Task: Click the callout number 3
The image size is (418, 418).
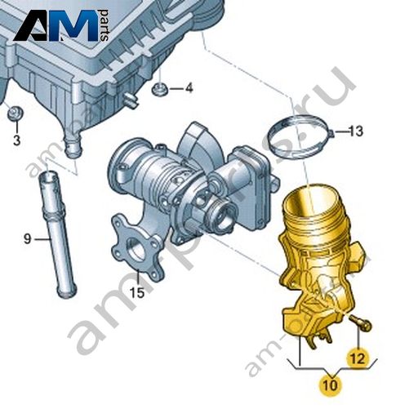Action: click(x=16, y=140)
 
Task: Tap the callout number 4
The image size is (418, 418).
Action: click(x=189, y=88)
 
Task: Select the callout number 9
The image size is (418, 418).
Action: click(x=28, y=239)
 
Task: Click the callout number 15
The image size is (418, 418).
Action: click(x=136, y=292)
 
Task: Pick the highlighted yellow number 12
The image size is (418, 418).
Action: click(x=358, y=358)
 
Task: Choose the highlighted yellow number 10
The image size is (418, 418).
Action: click(x=330, y=385)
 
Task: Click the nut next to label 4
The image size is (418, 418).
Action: click(x=158, y=90)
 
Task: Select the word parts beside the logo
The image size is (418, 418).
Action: click(x=104, y=25)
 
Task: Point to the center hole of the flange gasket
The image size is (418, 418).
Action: click(x=136, y=251)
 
